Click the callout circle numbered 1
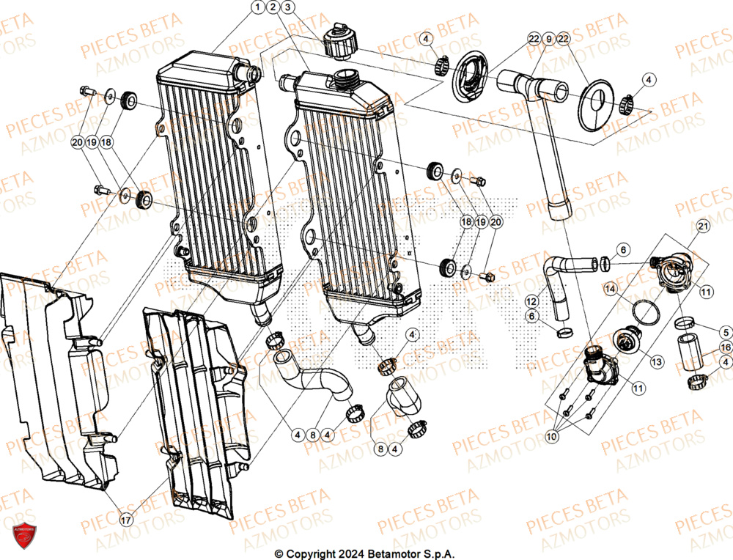pyautogui.click(x=257, y=7)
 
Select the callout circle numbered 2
pyautogui.click(x=273, y=7)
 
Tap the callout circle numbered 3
pyautogui.click(x=288, y=7)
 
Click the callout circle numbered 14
pyautogui.click(x=610, y=290)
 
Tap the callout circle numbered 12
pyautogui.click(x=530, y=301)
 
